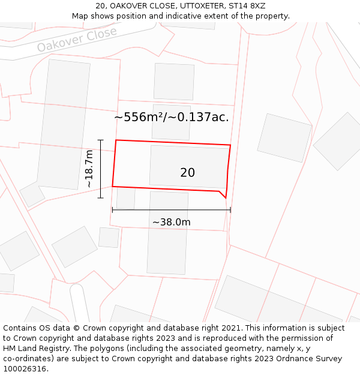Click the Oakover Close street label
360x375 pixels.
click(x=77, y=40)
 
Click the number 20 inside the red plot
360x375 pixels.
click(x=187, y=173)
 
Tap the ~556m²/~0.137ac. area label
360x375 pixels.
click(x=172, y=118)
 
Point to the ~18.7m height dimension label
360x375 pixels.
click(x=89, y=169)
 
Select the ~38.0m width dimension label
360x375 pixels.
click(x=171, y=223)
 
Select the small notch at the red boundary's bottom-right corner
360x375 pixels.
click(x=223, y=194)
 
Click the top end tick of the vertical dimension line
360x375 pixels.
click(x=101, y=140)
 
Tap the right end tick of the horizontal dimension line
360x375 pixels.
click(x=230, y=209)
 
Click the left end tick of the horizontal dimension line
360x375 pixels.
click(x=112, y=209)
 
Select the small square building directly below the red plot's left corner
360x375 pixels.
click(x=125, y=198)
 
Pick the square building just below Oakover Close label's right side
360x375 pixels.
click(x=174, y=82)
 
